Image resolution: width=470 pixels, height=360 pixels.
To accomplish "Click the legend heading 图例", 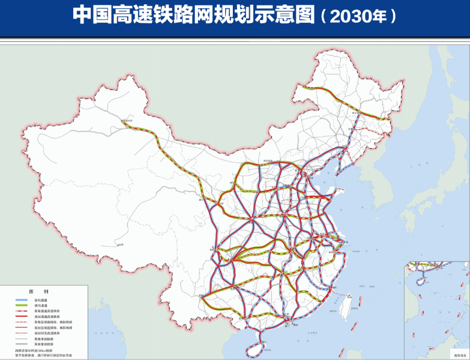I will pyautogui.click(x=40, y=290).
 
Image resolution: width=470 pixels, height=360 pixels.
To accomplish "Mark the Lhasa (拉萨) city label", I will pyautogui.click(x=120, y=244).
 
